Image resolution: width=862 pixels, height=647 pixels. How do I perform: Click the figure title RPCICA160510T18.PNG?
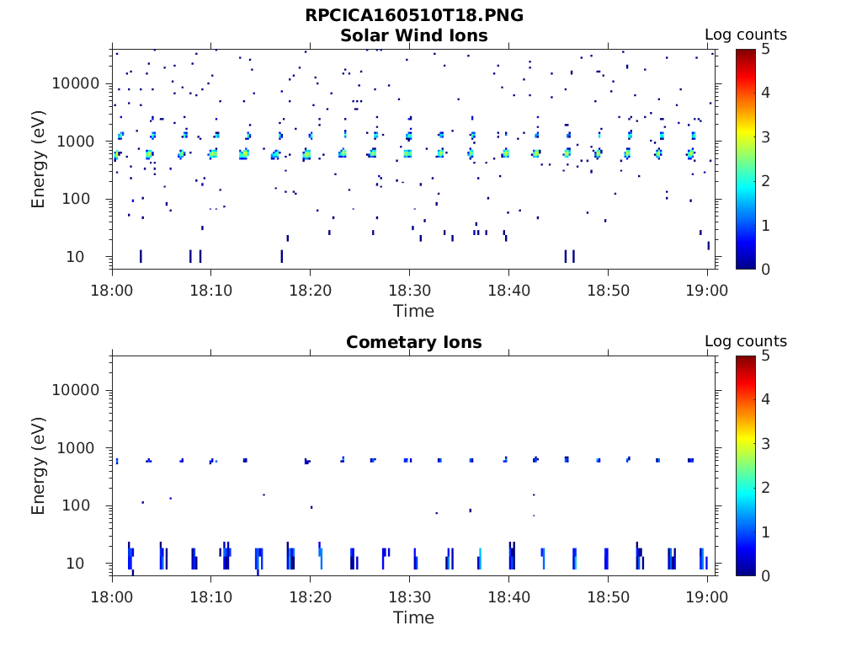click(x=413, y=15)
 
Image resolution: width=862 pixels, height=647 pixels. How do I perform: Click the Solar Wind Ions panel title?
click(x=413, y=35)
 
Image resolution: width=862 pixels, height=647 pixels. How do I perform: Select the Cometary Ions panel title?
click(x=413, y=342)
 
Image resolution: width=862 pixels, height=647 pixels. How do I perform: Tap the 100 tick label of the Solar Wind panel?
click(x=86, y=199)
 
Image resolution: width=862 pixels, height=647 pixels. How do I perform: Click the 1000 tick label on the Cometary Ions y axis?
click(x=81, y=448)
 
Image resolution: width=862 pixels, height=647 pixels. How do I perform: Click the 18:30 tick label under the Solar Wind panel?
click(x=409, y=291)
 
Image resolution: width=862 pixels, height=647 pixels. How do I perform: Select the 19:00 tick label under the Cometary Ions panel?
click(x=707, y=597)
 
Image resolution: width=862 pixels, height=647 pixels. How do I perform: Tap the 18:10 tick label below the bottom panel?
click(x=210, y=597)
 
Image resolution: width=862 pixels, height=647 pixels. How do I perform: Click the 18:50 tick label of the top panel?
click(x=608, y=291)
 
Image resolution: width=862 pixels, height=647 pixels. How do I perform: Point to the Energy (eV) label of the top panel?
click(x=39, y=159)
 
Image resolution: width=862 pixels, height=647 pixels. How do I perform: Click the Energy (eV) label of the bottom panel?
click(x=39, y=466)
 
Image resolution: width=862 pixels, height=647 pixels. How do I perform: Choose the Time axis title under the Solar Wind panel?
click(x=413, y=311)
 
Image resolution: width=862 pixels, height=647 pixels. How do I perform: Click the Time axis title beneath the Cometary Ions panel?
click(x=413, y=618)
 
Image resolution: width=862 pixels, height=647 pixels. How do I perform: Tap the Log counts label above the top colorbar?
click(x=745, y=35)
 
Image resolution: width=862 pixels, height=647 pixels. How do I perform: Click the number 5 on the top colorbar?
click(x=765, y=50)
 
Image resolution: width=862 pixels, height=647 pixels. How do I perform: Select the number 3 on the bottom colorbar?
click(x=765, y=443)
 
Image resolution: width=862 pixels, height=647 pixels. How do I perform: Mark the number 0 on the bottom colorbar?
click(x=765, y=575)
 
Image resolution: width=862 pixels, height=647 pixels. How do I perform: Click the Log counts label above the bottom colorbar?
click(x=745, y=341)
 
